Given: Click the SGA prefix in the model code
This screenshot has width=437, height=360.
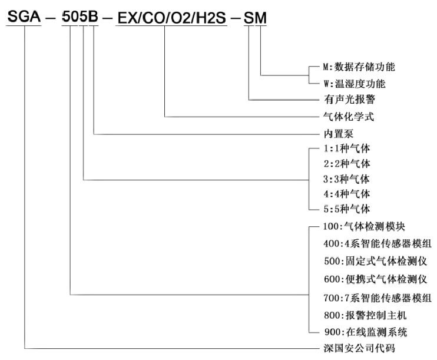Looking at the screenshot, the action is pyautogui.click(x=24, y=16).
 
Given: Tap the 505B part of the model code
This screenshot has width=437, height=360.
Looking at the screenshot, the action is pyautogui.click(x=80, y=16).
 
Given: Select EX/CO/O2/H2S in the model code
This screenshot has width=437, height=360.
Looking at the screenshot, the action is pyautogui.click(x=172, y=18).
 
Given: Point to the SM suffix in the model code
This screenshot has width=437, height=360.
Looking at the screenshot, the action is pyautogui.click(x=255, y=18).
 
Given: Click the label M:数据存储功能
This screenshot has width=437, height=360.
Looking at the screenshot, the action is pyautogui.click(x=359, y=67).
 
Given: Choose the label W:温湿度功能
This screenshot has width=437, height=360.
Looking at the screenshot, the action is pyautogui.click(x=355, y=84).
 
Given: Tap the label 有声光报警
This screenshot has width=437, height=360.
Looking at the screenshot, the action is pyautogui.click(x=349, y=99).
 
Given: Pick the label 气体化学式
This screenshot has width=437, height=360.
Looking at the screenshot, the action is pyautogui.click(x=349, y=117).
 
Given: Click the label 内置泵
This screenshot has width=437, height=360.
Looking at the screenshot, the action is pyautogui.click(x=338, y=134).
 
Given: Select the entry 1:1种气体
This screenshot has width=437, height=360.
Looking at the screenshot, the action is pyautogui.click(x=347, y=148).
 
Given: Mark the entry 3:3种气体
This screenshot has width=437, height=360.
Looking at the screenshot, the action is pyautogui.click(x=346, y=179).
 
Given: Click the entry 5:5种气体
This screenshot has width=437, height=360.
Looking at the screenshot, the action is pyautogui.click(x=347, y=209).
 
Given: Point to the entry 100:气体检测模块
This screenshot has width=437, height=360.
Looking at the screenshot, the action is pyautogui.click(x=364, y=226).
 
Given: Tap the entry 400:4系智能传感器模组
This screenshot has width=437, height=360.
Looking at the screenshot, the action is pyautogui.click(x=378, y=244).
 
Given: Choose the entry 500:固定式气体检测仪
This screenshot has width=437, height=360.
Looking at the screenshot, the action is pyautogui.click(x=375, y=261).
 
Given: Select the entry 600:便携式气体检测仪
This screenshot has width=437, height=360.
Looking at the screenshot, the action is pyautogui.click(x=375, y=279).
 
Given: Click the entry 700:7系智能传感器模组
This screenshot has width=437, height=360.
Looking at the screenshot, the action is pyautogui.click(x=378, y=298).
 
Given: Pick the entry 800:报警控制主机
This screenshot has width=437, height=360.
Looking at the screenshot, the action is pyautogui.click(x=365, y=315).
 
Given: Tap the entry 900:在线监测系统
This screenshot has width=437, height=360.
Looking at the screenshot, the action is pyautogui.click(x=366, y=332).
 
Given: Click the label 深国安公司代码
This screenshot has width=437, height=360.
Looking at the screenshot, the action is pyautogui.click(x=359, y=348).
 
